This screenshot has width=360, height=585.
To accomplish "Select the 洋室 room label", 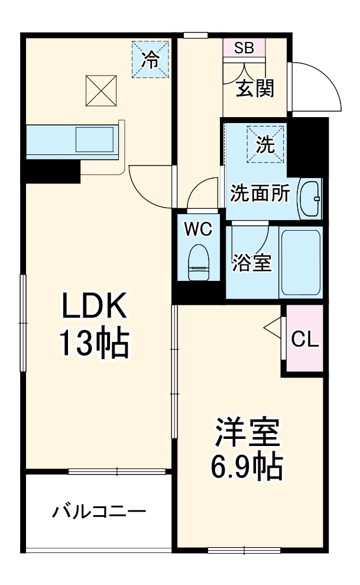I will tap(247, 434).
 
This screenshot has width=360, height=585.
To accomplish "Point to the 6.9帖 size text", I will tap(247, 467).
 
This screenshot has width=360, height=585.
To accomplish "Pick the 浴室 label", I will tap(251, 262).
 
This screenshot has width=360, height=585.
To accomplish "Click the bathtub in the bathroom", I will tap(300, 261).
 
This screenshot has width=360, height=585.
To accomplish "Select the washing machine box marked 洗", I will tap(265, 143).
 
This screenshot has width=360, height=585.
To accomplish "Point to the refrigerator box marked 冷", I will tap(151, 59).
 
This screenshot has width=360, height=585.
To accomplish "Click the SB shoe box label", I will tap(244, 49).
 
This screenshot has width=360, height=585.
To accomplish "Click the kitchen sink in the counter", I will tap(95, 140).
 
